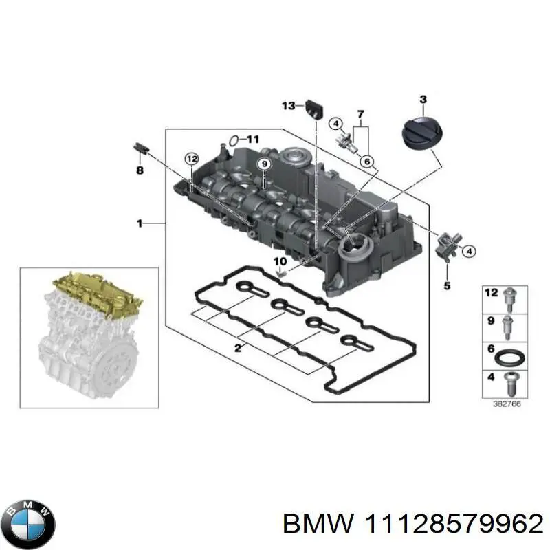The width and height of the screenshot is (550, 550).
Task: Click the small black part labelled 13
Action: [316, 108]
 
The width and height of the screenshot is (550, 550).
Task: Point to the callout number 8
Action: [140, 170]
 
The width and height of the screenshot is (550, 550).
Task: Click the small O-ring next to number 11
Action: [234, 140]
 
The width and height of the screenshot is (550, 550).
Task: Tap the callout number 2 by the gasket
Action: [238, 349]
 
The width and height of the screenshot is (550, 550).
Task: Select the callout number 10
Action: [280, 261]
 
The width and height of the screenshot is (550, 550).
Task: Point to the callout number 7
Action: [360, 113]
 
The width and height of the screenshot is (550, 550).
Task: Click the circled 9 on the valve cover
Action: [262, 163]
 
